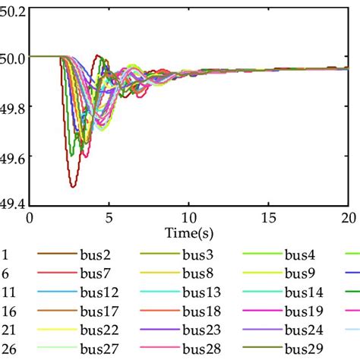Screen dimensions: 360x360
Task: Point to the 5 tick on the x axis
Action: click(x=109, y=217)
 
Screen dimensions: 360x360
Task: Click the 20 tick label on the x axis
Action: click(x=347, y=217)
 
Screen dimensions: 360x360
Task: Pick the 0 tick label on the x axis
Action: click(x=30, y=217)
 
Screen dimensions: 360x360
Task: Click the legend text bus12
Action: click(x=97, y=292)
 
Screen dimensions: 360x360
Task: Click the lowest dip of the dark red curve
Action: click(x=72, y=186)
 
